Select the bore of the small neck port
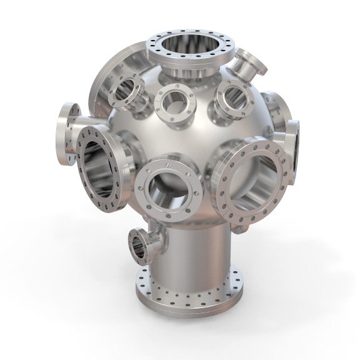click(134, 245)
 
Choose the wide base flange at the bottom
click(187, 294)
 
